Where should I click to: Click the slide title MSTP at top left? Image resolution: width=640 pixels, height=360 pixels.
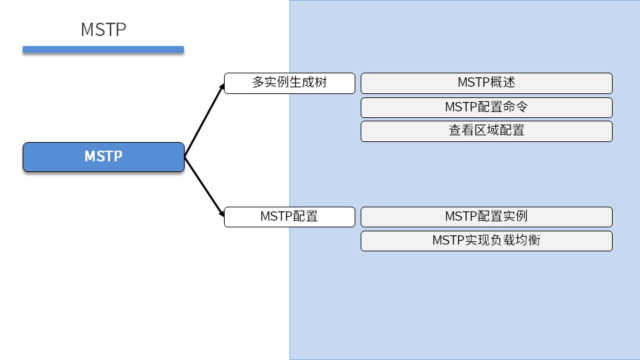tap(103, 30)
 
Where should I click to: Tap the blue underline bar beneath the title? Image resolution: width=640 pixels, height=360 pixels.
tap(103, 49)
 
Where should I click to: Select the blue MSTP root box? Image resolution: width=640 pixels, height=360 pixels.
tap(103, 157)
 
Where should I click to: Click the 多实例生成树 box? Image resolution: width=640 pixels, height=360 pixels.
tap(289, 83)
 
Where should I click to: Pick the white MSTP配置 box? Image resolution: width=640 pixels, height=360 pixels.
tap(289, 217)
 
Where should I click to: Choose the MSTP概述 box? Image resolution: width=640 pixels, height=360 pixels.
tap(486, 83)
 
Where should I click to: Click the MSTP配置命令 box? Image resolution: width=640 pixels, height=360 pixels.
tap(486, 107)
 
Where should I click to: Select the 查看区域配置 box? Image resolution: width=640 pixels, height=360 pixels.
tap(486, 131)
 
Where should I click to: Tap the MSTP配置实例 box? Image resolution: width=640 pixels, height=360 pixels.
tap(486, 217)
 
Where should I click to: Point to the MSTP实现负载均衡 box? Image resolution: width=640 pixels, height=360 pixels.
tap(486, 241)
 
